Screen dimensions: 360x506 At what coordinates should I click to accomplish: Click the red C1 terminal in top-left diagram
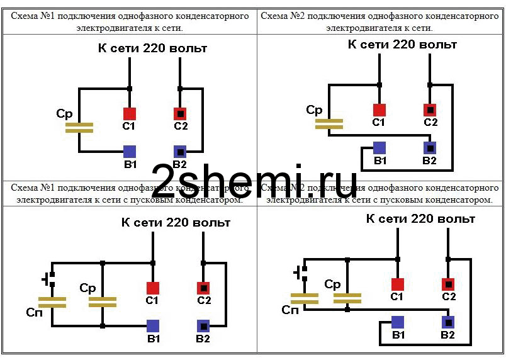(129, 114)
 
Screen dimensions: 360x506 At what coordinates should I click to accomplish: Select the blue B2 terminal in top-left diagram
(180, 152)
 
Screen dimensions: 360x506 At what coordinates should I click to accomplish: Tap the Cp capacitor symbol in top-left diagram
(79, 128)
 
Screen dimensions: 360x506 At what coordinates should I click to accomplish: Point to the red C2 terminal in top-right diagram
(430, 110)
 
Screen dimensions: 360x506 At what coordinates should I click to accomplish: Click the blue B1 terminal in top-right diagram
(379, 148)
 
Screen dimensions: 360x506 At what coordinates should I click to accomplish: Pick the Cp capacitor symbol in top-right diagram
(329, 123)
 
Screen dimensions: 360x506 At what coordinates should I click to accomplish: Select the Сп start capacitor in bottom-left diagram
(52, 301)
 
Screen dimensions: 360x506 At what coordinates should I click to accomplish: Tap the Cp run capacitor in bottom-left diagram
(103, 301)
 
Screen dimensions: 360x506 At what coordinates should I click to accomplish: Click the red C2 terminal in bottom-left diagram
(203, 288)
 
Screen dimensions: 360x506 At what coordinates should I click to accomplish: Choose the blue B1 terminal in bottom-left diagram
(153, 326)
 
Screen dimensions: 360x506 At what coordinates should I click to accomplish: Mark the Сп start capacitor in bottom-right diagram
(304, 298)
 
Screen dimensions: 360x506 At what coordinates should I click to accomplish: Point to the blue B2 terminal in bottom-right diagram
(447, 322)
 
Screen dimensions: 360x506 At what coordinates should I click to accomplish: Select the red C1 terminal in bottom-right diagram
(397, 284)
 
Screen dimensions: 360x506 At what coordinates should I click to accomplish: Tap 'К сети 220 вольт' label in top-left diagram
(152, 48)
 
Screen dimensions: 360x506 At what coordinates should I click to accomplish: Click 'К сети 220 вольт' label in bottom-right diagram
(420, 219)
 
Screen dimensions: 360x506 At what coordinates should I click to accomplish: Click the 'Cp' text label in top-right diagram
(314, 110)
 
